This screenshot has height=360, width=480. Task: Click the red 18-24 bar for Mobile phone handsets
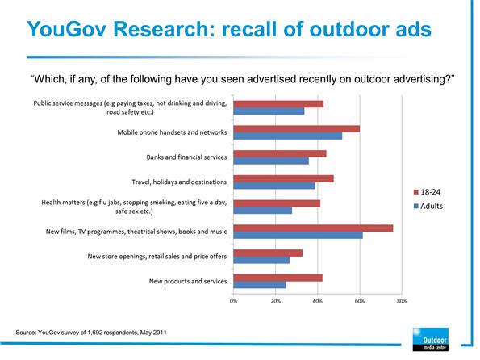[x=297, y=129]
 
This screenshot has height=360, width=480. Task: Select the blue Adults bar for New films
[x=298, y=236]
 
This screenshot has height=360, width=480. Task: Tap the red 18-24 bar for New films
[x=313, y=228]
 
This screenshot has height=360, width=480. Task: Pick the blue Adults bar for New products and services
[x=260, y=285]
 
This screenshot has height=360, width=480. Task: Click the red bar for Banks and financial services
[x=280, y=154]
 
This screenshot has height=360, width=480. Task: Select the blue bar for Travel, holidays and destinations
[x=274, y=186]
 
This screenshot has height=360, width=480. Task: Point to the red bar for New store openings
[x=268, y=253]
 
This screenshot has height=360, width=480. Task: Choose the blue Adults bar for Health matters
[x=263, y=211]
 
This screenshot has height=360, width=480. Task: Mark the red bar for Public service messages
[x=278, y=104]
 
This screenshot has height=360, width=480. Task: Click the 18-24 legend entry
[x=427, y=192]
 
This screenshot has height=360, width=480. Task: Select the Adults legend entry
[x=428, y=206]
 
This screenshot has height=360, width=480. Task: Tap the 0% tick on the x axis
[x=233, y=301]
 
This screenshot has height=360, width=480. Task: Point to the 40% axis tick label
[x=318, y=301]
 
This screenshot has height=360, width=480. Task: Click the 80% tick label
[x=402, y=301]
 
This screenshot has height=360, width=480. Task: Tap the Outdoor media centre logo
[x=431, y=339]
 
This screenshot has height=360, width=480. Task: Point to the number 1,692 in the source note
[x=95, y=333]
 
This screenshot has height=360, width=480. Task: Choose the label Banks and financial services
[x=186, y=157]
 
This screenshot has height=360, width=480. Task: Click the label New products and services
[x=188, y=281]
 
